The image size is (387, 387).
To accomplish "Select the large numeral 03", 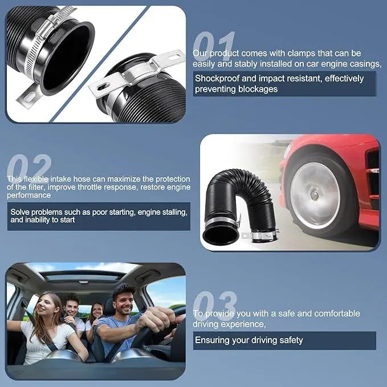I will [x=214, y=305].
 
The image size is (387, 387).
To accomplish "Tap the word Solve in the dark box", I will [x=21, y=212].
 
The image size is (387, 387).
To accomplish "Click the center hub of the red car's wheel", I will [x=315, y=195].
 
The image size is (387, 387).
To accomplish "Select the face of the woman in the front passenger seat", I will [x=50, y=308].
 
